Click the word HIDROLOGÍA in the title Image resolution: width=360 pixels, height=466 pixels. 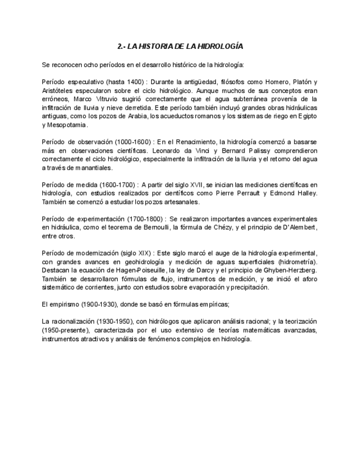[218, 46]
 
